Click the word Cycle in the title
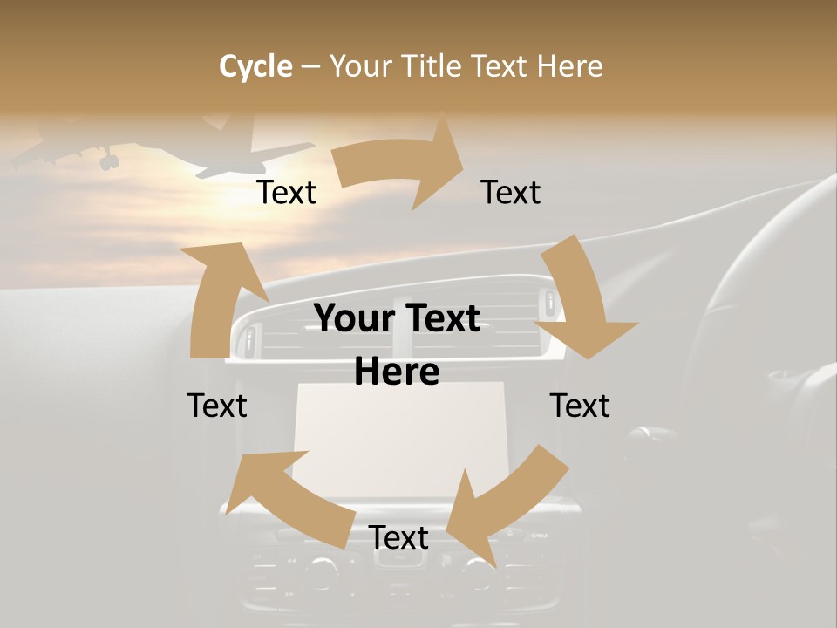pos(255,66)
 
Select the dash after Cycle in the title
pos(310,66)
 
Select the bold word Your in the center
pos(356,319)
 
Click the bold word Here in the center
pos(397,372)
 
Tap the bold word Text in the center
pos(439,319)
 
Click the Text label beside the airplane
pos(286,193)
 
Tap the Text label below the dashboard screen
pos(398,538)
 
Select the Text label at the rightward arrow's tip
pos(511,193)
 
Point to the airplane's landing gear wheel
pos(109,161)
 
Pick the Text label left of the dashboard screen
pos(217,406)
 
